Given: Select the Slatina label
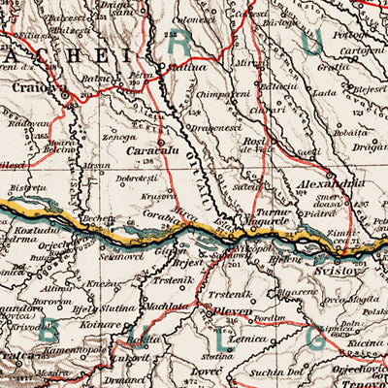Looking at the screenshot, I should [x=189, y=68].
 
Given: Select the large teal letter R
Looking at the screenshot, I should [x=179, y=39].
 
